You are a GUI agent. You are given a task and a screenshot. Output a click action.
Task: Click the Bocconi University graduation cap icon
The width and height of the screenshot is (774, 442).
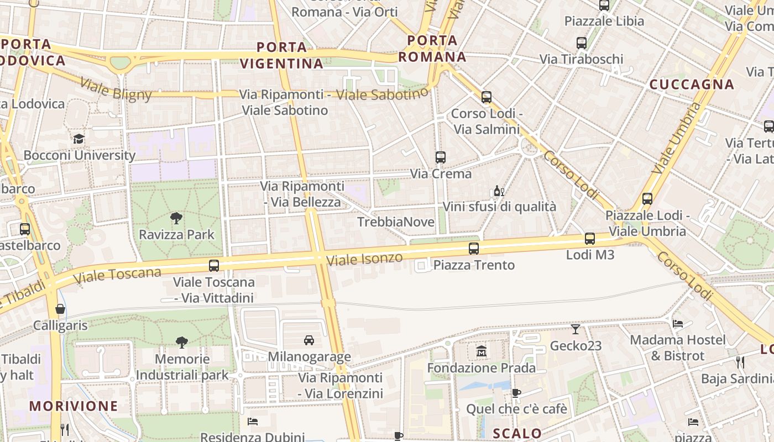pyautogui.click(x=79, y=139)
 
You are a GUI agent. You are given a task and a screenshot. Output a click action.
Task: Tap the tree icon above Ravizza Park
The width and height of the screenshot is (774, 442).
pyautogui.click(x=176, y=218)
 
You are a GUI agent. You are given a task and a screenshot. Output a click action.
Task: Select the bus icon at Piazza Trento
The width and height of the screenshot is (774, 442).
pyautogui.click(x=474, y=249)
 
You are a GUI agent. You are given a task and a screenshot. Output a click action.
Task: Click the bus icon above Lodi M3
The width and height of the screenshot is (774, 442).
pyautogui.click(x=590, y=239)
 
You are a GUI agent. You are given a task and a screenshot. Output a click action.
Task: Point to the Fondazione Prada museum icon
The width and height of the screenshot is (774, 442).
pyautogui.click(x=481, y=351)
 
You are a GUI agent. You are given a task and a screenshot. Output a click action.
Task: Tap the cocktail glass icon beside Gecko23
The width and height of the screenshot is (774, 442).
pyautogui.click(x=576, y=329)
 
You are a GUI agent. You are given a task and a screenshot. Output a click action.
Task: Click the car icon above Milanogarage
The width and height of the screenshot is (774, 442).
pyautogui.click(x=309, y=340)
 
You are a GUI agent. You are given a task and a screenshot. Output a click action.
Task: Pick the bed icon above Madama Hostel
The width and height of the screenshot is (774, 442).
pyautogui.click(x=678, y=323)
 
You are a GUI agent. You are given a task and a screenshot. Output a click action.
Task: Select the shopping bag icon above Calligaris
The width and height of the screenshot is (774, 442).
pyautogui.click(x=60, y=309)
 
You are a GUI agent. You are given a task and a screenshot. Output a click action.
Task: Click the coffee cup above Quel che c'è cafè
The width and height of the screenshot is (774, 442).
pyautogui.click(x=516, y=393)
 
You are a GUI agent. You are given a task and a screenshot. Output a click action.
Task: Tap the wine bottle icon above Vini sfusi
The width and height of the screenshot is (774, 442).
pyautogui.click(x=499, y=191)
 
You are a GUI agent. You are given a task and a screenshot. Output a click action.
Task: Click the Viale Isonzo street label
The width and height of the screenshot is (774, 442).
pyautogui.click(x=364, y=259)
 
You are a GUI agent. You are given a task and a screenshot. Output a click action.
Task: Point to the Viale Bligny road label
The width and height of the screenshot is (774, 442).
pyautogui.click(x=116, y=90)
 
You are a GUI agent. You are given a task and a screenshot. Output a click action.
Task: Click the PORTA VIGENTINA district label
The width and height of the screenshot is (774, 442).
pyautogui.click(x=282, y=55)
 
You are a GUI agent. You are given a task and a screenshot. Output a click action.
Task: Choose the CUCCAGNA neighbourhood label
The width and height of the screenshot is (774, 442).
pyautogui.click(x=692, y=85)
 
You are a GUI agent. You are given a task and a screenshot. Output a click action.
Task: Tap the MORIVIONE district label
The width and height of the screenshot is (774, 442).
pyautogui.click(x=74, y=406)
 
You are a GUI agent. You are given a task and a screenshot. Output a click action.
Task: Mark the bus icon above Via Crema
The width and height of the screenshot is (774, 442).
pyautogui.click(x=440, y=157)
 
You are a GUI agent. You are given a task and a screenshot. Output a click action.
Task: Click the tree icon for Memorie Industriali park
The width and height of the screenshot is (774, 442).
pyautogui.click(x=182, y=343)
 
